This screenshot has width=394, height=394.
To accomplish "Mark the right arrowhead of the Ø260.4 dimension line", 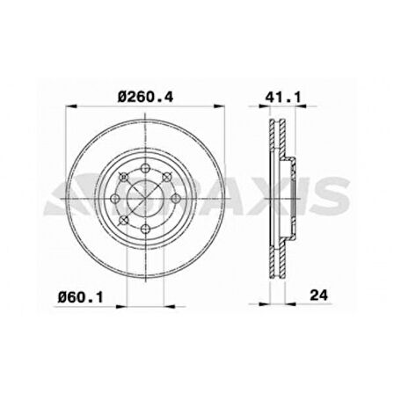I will tap(215, 109).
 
